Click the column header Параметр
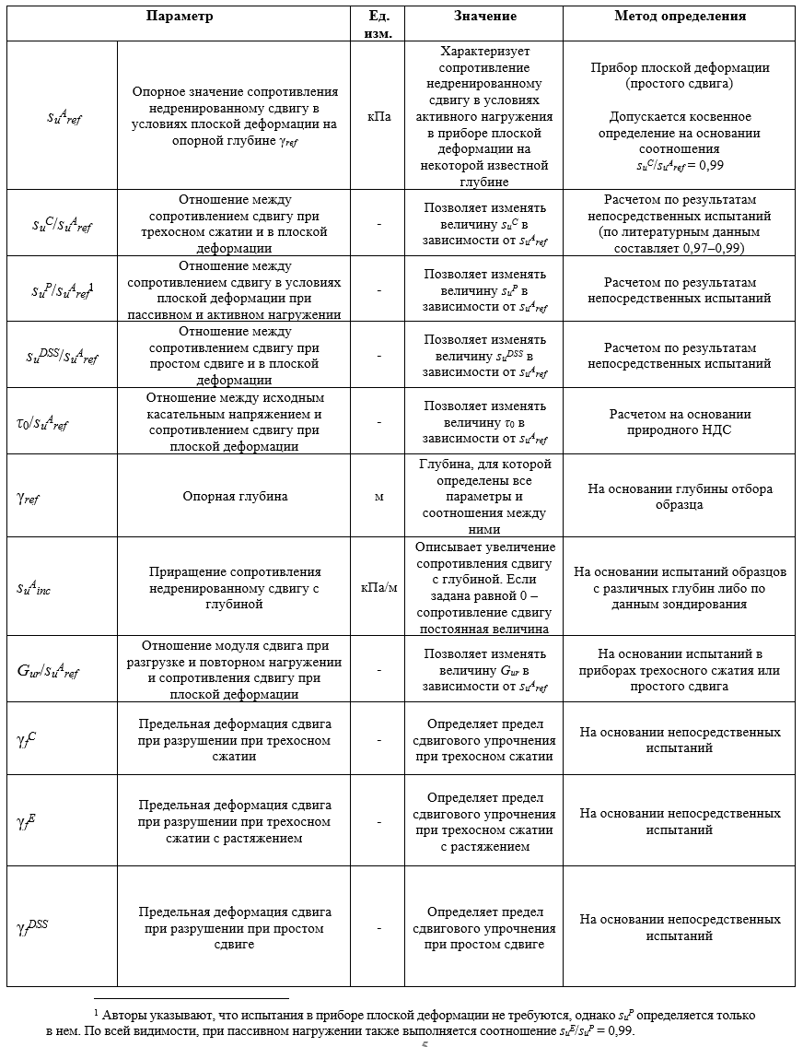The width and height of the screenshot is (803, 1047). (179, 17)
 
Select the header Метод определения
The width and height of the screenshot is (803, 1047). (680, 17)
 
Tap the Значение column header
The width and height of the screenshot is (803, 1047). (484, 17)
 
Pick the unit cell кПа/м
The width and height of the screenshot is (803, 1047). (378, 588)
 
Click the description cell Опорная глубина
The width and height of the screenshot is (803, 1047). (235, 497)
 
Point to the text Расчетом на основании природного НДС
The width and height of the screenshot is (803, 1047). (680, 422)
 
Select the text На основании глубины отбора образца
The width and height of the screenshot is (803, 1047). (680, 497)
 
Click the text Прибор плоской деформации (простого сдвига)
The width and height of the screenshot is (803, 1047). (680, 76)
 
